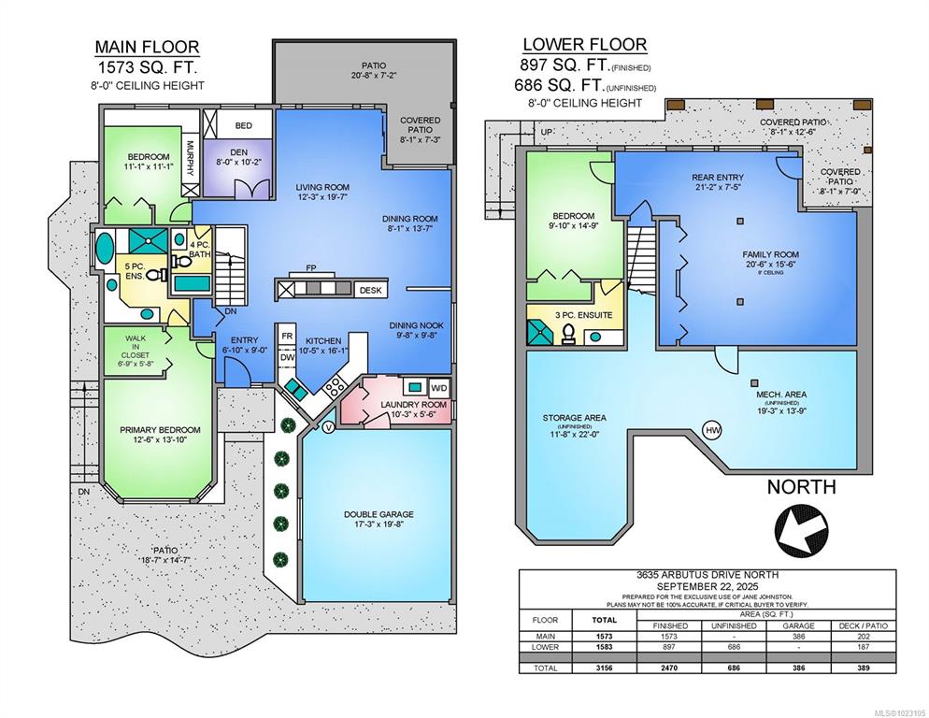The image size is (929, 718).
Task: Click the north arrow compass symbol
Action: click(x=802, y=531)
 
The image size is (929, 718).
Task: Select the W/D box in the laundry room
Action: click(x=439, y=388)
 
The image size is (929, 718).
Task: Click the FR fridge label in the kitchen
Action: click(x=287, y=337)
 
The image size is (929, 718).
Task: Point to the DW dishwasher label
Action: click(x=287, y=357)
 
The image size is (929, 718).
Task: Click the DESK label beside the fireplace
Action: click(x=371, y=291)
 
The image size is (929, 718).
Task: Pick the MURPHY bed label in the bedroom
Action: click(x=190, y=158)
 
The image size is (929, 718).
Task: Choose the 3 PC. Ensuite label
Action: click(x=583, y=315)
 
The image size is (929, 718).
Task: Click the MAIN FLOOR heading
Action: click(x=148, y=47)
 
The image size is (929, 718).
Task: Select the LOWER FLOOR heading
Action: click(x=585, y=45)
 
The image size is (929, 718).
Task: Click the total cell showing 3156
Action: click(x=605, y=668)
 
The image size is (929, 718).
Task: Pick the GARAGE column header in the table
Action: click(x=799, y=625)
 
